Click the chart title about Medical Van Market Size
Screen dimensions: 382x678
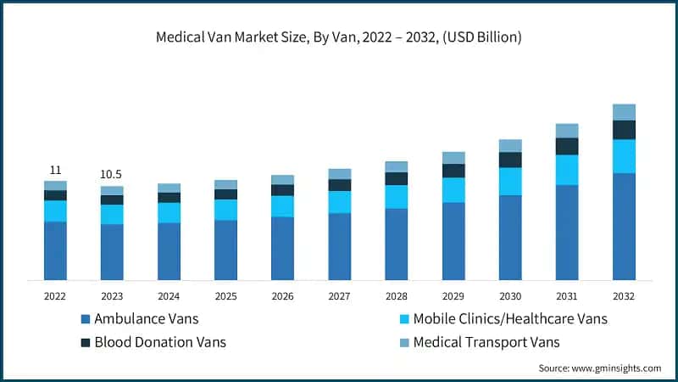pos(339,37)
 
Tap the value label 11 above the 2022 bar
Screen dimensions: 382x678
pos(55,170)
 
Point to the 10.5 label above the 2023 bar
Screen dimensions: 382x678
pos(112,174)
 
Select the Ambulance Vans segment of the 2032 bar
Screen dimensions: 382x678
pos(624,226)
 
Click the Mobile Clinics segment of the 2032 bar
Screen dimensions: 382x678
pos(624,156)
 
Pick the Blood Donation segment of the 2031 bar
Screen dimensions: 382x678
pos(567,146)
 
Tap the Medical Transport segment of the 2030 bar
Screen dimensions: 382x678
pos(510,145)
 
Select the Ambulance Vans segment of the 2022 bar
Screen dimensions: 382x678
pos(55,250)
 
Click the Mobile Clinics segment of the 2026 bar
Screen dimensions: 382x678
pos(282,206)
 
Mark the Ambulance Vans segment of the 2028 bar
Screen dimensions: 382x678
pos(396,244)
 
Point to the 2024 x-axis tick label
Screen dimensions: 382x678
pos(169,296)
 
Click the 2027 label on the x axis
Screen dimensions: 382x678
pos(339,296)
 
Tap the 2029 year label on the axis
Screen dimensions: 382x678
pos(453,296)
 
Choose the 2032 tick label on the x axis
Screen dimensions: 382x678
pos(624,296)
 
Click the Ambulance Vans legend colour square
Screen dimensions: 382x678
pos(85,319)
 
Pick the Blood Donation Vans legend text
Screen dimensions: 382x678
pos(160,342)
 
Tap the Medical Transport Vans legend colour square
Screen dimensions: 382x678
pos(404,342)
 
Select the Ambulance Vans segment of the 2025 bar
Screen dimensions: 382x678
pos(225,250)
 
